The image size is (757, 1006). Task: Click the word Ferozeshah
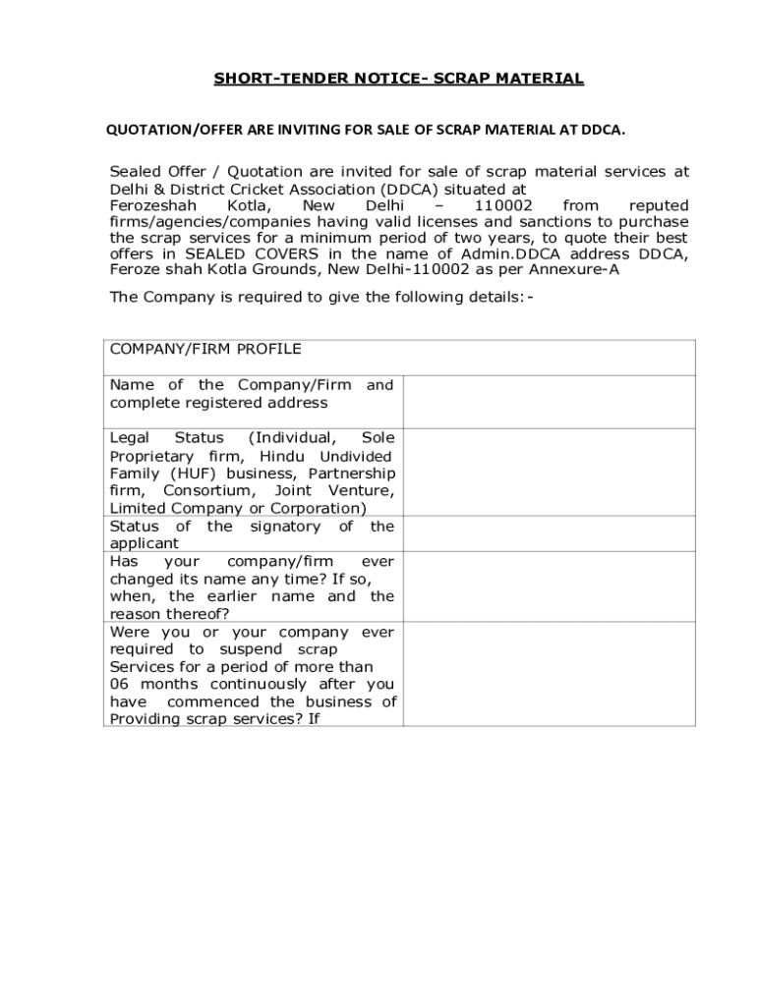click(153, 205)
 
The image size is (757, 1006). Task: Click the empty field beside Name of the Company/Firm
click(549, 402)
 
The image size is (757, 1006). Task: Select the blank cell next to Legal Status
click(549, 473)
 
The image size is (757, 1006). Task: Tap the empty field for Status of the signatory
click(549, 533)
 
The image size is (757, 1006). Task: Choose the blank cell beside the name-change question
click(549, 587)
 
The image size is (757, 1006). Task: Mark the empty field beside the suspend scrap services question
click(549, 674)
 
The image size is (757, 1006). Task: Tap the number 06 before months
click(120, 684)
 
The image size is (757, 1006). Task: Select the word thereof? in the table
click(200, 614)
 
